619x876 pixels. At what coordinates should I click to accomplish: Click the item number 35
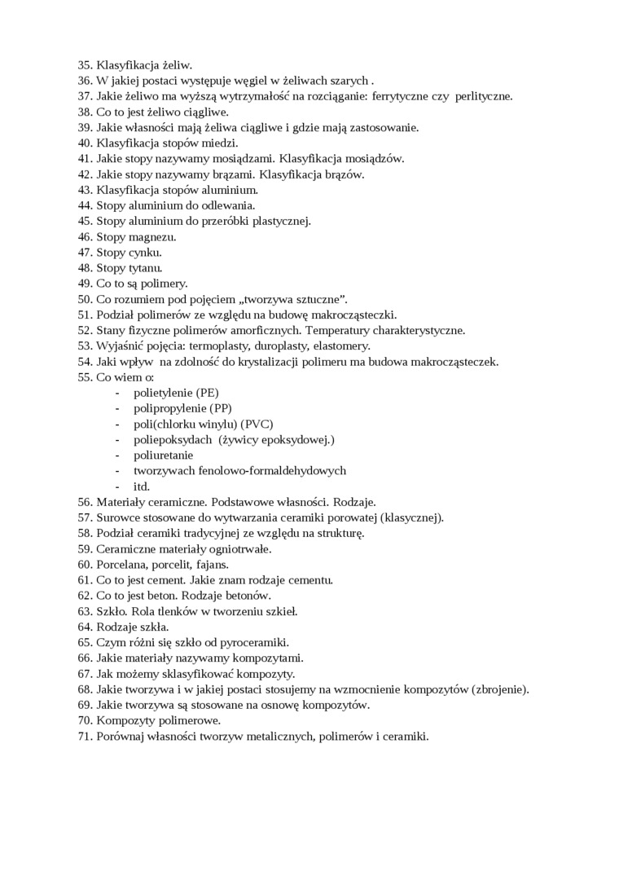(85, 64)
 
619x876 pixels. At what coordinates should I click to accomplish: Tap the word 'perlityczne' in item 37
(483, 96)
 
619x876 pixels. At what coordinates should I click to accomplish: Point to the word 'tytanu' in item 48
(146, 268)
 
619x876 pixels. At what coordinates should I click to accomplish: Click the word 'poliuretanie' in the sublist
(164, 456)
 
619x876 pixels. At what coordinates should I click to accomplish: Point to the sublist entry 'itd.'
(142, 486)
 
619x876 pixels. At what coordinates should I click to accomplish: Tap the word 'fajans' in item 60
(212, 565)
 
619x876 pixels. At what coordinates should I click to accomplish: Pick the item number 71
(85, 737)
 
